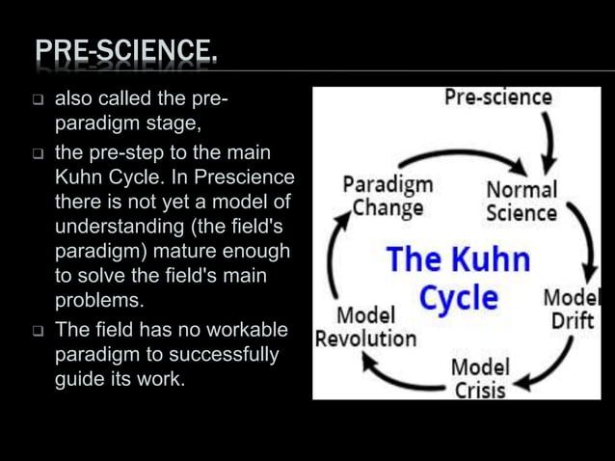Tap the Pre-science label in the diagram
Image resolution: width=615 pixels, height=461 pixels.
pyautogui.click(x=497, y=97)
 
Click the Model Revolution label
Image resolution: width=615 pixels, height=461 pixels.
pyautogui.click(x=365, y=326)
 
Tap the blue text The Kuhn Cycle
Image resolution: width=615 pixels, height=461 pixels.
pyautogui.click(x=458, y=278)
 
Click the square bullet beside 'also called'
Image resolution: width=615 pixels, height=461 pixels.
pyautogui.click(x=38, y=100)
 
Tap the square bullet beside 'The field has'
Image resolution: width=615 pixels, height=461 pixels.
pyautogui.click(x=38, y=331)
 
